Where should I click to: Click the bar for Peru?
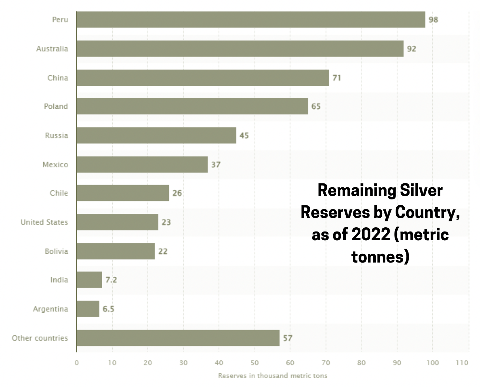coord(251,20)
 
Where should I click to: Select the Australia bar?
coord(240,48)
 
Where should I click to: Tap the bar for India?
coord(89,280)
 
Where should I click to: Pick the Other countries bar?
coord(178,338)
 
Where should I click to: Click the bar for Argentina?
coord(88,309)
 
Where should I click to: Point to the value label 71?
coord(337,78)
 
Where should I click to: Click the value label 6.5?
coord(108,309)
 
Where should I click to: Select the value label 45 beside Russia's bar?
coord(244,136)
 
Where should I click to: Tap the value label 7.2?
coord(111,280)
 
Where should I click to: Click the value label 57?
coord(287,338)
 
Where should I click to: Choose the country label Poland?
coord(56,106)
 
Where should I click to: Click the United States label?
coord(44,222)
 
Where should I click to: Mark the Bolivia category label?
coord(56,251)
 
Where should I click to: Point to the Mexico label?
coord(55,165)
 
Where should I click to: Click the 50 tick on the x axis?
coord(255,363)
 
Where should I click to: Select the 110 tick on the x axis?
coord(462,363)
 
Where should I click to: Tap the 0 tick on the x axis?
coord(77,363)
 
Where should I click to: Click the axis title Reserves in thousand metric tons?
coord(273,375)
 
